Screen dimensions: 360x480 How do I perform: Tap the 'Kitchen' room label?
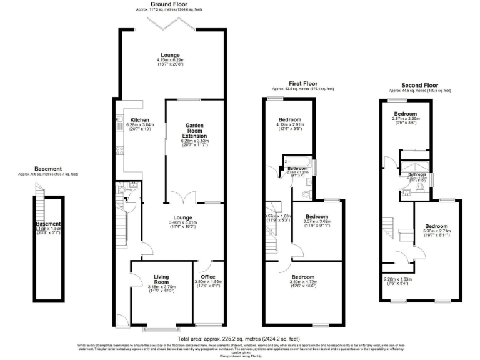(139, 119)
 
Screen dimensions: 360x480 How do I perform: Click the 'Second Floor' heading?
(419, 85)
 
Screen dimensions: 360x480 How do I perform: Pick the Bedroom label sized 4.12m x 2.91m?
(290, 119)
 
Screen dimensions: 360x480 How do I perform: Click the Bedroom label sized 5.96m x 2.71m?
(436, 226)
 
